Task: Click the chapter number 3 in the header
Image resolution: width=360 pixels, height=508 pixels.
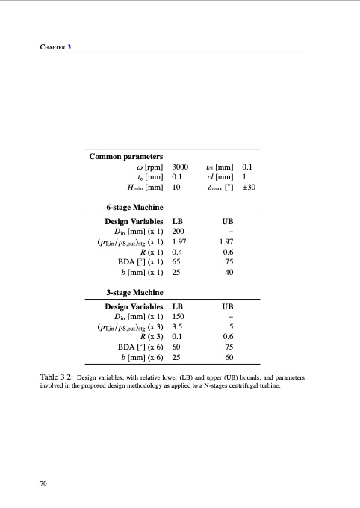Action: (69, 48)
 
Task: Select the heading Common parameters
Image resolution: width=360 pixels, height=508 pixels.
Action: (126, 157)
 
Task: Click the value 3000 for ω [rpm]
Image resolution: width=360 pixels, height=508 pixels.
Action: (180, 167)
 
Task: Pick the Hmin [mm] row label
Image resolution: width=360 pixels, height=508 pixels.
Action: (146, 188)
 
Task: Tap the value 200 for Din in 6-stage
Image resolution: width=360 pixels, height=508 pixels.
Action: (178, 232)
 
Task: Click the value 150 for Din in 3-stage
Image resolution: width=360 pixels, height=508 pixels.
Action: (178, 317)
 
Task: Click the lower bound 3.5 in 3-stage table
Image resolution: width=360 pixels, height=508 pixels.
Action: (178, 328)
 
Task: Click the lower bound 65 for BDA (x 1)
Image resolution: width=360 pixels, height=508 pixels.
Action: (176, 263)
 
